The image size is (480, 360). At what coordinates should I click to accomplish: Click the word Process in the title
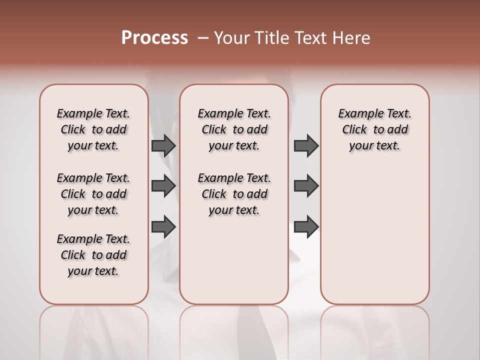point(154,37)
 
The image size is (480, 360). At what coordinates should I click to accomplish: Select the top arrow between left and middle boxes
point(163,145)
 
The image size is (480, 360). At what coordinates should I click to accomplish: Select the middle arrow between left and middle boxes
point(163,186)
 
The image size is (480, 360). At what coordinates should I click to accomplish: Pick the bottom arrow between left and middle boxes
point(163,226)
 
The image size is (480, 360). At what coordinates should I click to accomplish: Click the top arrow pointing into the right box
point(306,145)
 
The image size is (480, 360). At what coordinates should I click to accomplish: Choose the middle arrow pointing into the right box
point(306,186)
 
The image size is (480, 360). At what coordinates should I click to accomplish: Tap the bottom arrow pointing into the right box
point(306,226)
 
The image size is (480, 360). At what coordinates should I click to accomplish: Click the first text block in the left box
point(93,129)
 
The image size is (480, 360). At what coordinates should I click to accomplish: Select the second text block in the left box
point(93,194)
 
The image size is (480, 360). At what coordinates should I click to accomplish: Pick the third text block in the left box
point(93,255)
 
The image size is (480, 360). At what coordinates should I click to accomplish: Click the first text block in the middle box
point(234,129)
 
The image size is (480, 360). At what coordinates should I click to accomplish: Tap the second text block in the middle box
point(234,194)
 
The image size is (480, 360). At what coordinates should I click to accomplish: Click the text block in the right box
point(375,129)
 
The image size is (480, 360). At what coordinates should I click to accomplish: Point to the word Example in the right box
point(358,114)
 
